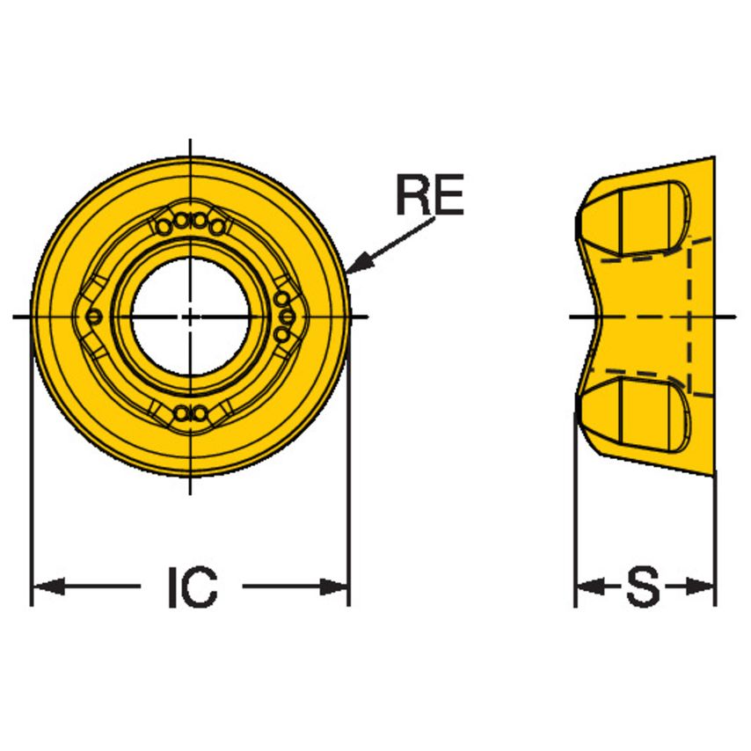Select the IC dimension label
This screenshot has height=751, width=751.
(x=192, y=587)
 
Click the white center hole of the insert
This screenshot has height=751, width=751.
(x=191, y=316)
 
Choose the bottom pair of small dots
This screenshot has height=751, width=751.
(x=191, y=412)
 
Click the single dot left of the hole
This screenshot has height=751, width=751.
(x=95, y=317)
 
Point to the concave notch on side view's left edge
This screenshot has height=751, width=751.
(x=589, y=316)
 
